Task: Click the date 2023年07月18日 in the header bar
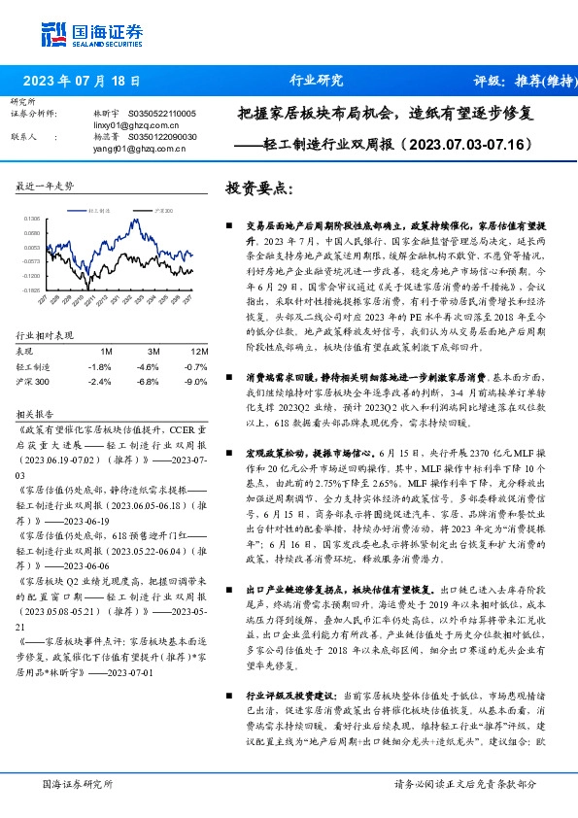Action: pyautogui.click(x=81, y=82)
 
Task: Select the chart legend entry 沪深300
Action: pyautogui.click(x=164, y=209)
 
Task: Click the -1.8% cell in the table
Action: pyautogui.click(x=100, y=366)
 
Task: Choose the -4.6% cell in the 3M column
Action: pyautogui.click(x=148, y=366)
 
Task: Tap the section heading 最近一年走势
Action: pyautogui.click(x=45, y=185)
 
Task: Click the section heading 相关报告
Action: pyautogui.click(x=36, y=412)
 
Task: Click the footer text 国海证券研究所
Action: pyautogui.click(x=72, y=783)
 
